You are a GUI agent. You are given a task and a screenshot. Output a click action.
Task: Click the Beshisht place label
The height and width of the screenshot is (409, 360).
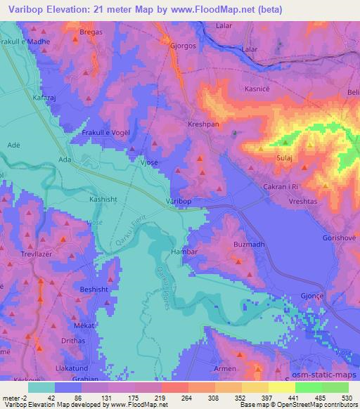(x=94, y=290)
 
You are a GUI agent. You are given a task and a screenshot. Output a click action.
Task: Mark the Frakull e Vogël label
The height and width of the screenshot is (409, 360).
(x=108, y=133)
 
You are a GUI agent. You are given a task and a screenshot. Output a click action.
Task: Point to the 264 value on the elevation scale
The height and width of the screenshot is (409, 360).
(x=167, y=398)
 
